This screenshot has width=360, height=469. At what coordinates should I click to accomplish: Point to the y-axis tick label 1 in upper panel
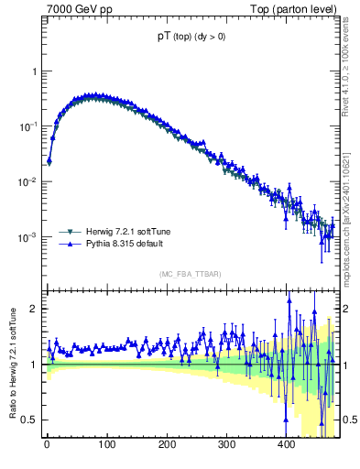34,71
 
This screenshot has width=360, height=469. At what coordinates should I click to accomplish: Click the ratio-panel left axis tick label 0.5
30,420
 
